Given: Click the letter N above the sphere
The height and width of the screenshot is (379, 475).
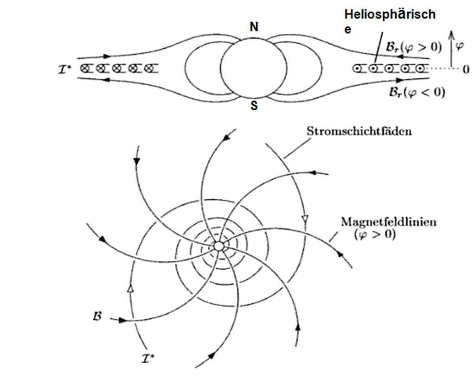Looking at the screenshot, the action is (x=254, y=27).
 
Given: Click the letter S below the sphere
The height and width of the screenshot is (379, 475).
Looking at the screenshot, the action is (x=254, y=106).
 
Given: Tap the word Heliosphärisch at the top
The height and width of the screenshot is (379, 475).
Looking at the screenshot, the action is (x=390, y=14).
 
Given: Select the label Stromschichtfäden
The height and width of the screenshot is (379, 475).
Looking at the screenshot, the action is (x=359, y=131).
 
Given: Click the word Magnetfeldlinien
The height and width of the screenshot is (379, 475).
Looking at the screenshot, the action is (x=389, y=222).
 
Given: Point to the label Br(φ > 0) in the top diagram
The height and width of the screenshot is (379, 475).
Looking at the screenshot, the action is (x=413, y=47).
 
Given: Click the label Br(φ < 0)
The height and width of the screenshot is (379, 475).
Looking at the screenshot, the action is (x=417, y=92).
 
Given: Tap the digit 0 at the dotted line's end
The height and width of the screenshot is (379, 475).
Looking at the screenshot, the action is (x=466, y=69).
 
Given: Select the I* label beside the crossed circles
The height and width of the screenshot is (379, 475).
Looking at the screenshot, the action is (x=64, y=70).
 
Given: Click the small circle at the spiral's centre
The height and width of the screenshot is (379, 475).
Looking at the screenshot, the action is (x=218, y=246).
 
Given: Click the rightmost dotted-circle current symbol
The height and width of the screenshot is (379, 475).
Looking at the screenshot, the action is (x=419, y=69).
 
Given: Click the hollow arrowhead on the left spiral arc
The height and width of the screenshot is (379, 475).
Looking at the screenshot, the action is (x=130, y=288).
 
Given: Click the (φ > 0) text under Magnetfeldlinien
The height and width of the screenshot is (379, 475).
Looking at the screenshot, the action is (x=375, y=234).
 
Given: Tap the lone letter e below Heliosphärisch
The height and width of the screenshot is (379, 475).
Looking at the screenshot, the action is (x=348, y=30).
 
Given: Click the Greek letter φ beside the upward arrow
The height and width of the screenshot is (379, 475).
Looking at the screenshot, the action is (x=460, y=46).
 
